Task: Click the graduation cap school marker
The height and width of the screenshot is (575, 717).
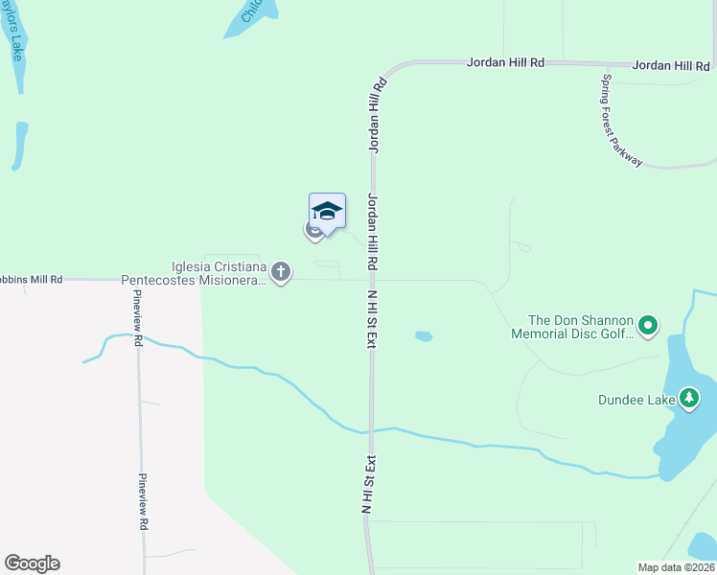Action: (327, 212)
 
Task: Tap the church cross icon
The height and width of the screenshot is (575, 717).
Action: (281, 273)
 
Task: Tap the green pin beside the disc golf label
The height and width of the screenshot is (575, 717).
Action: (648, 327)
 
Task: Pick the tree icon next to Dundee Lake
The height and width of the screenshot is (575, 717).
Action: (688, 398)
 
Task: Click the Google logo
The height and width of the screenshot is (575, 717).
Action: (32, 563)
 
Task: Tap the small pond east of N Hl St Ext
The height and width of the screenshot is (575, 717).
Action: (423, 336)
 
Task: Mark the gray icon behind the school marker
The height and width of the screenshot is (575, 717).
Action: (313, 230)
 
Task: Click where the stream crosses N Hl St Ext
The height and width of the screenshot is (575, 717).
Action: (370, 429)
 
